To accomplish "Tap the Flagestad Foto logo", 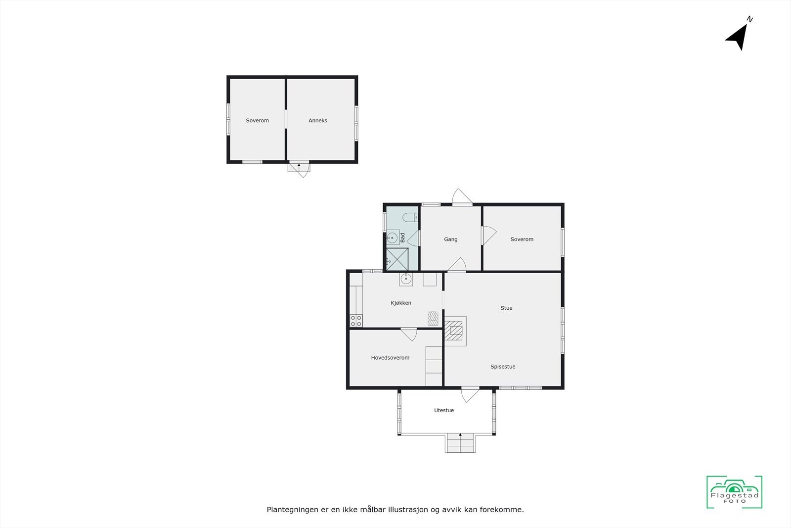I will click(734, 492).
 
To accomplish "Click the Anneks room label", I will click(318, 120).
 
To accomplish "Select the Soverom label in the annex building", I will click(258, 120).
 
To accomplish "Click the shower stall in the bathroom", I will click(397, 259).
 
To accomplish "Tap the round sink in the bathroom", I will click(393, 238).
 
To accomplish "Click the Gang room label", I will click(450, 239).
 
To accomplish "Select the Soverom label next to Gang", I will click(522, 239).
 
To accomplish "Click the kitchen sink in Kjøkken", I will click(406, 279).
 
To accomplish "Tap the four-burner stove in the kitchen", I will click(356, 321).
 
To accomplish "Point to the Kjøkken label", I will click(401, 303).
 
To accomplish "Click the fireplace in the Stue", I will click(455, 330).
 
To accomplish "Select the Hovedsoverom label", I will click(390, 358).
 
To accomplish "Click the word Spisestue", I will click(503, 367).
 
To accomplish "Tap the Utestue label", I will click(444, 410).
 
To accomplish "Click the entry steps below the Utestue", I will click(461, 443).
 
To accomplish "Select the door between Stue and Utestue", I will click(470, 393).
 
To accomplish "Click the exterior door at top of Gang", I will click(463, 197).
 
